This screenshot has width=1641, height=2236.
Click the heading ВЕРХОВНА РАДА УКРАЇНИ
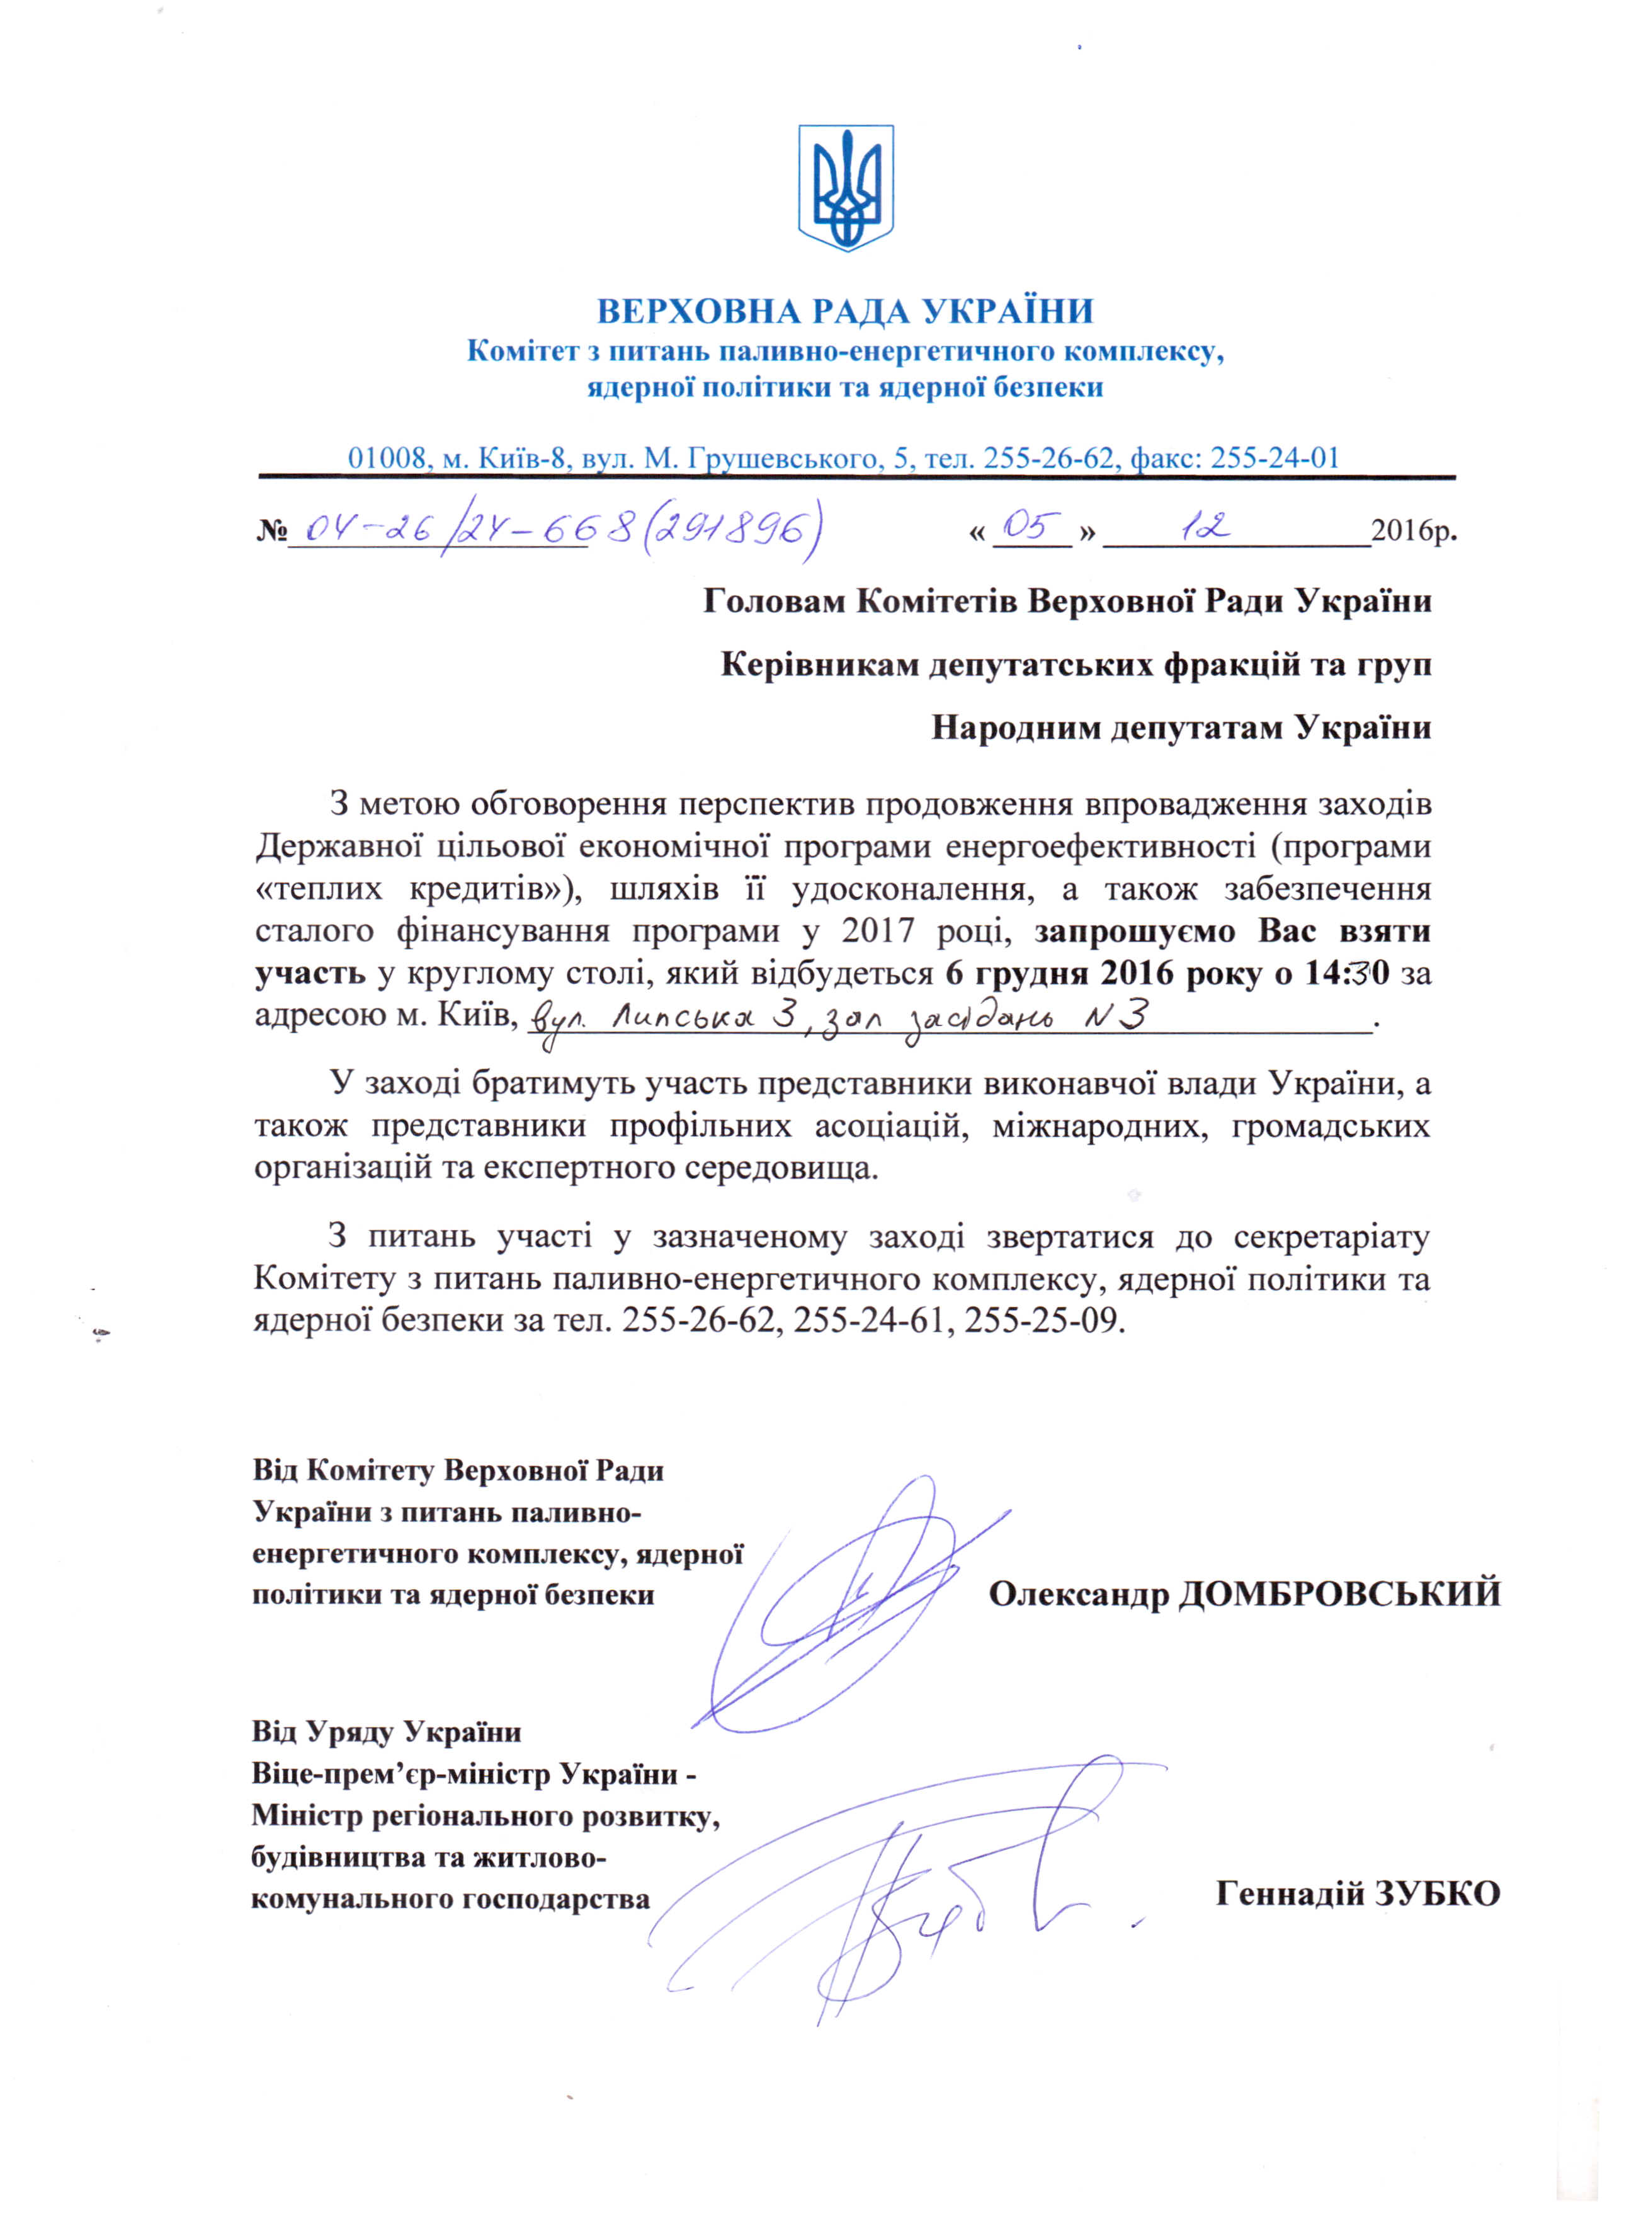tap(845, 312)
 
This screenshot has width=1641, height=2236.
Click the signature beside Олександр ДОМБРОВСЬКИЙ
tap(844, 1609)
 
